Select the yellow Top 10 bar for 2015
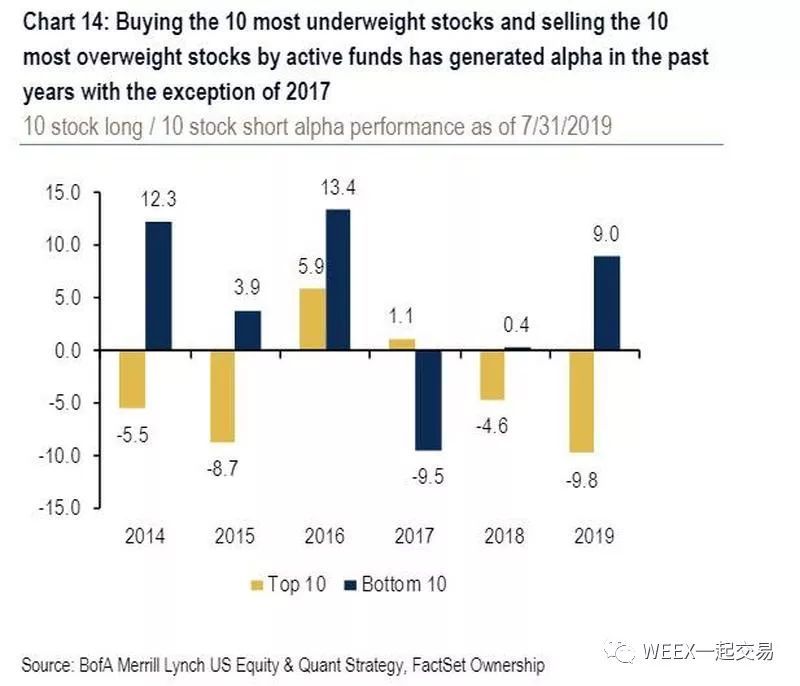point(221,396)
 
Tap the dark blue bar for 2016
point(339,280)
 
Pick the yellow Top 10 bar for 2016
point(312,319)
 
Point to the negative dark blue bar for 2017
point(430,400)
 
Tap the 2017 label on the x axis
point(416,536)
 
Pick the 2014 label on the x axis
point(145,536)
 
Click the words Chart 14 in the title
point(65,19)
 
